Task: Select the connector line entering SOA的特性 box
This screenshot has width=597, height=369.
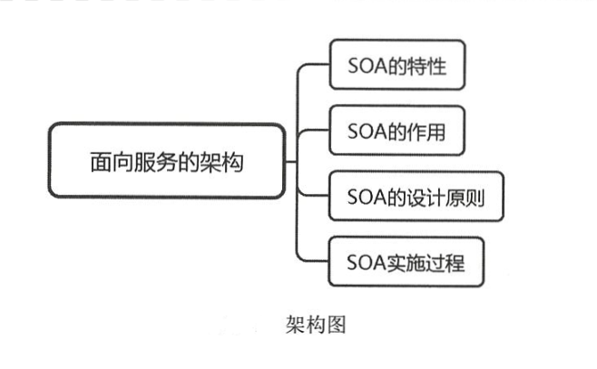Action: pyautogui.click(x=313, y=65)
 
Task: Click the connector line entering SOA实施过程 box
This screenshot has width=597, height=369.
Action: pyautogui.click(x=313, y=261)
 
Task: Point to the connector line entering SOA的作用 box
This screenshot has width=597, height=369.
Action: pyautogui.click(x=313, y=131)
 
